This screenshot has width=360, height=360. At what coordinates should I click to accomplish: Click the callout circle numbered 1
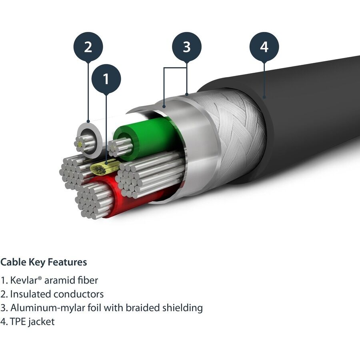coord(106,80)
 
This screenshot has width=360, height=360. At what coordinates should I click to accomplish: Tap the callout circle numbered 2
coord(88,47)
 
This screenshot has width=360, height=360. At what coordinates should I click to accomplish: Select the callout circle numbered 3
coord(187,47)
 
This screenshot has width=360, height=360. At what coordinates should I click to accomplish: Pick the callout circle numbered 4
coord(264,47)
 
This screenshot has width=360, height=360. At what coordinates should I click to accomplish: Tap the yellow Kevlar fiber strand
coord(105,167)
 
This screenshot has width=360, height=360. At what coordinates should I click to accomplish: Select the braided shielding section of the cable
coord(240,128)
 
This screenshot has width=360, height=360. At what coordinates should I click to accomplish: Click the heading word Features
coord(67,262)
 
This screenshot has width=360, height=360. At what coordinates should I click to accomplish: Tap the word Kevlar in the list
coord(24,280)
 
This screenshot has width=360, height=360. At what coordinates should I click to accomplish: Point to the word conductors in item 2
coord(78,294)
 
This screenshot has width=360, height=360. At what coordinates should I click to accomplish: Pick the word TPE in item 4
coord(18,322)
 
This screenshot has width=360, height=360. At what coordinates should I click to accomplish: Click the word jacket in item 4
coord(41,322)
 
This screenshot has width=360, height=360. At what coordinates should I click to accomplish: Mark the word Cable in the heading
coord(11,262)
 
